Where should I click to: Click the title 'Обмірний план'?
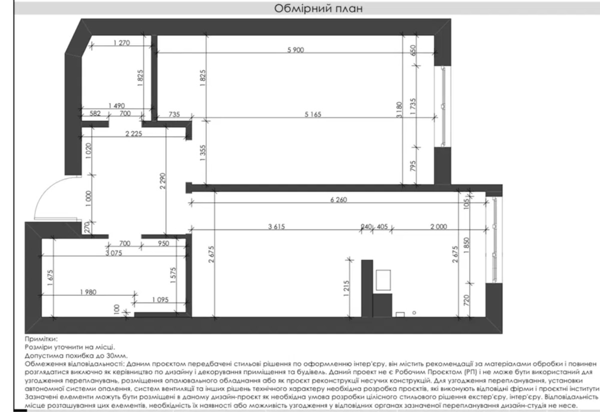[318, 8]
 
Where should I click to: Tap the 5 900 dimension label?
[295, 50]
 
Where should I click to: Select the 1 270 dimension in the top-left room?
[121, 43]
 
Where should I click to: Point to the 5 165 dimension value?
[313, 114]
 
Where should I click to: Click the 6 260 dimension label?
[338, 200]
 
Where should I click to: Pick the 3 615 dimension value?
[276, 226]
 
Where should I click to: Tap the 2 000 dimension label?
[439, 226]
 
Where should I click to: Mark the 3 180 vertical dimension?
[399, 109]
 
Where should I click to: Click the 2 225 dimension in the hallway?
[133, 133]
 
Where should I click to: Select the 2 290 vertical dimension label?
[162, 181]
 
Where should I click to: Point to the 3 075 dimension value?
[113, 253]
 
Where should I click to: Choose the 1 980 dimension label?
[88, 292]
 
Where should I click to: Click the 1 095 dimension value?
[160, 299]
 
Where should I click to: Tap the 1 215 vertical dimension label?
[346, 288]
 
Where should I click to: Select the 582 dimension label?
[95, 113]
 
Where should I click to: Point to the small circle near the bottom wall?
[414, 312]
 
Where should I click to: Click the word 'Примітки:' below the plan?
[41, 339]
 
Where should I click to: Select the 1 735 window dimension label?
[413, 107]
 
